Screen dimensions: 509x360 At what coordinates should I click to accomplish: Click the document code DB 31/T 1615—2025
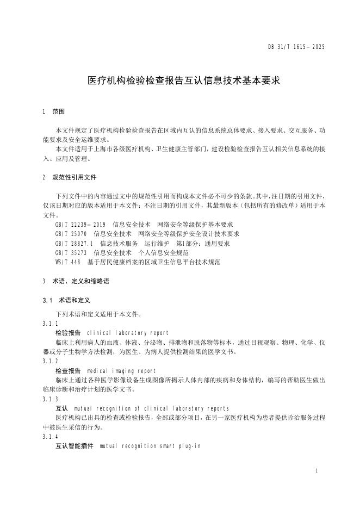coord(297,47)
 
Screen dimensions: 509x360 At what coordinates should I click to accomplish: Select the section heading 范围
coord(58,111)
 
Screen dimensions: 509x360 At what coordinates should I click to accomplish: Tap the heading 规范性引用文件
coord(75,177)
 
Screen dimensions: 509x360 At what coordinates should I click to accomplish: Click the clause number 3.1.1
coord(49,324)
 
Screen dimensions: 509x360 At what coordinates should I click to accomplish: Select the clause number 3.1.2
coord(49,361)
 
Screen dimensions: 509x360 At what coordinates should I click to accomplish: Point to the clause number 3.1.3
coord(49,399)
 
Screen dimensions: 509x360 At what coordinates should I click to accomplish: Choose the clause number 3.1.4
coord(49,437)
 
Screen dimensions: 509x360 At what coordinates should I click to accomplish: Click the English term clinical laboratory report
coord(127,333)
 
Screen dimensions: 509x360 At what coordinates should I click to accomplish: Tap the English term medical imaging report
coord(121,371)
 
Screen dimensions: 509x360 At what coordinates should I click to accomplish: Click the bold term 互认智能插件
coord(75,446)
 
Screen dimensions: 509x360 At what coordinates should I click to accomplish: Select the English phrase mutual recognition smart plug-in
coord(150,446)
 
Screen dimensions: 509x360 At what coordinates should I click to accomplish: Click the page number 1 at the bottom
coord(316,469)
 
